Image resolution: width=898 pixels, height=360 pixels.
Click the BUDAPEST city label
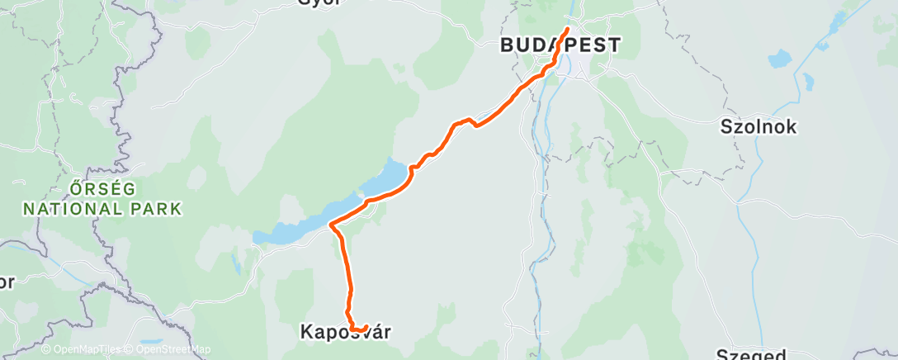click(x=560, y=45)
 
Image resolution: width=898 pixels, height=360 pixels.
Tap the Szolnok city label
click(x=758, y=127)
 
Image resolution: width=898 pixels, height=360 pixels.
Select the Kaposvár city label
click(x=344, y=332)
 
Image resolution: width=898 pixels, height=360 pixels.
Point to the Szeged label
click(x=750, y=355)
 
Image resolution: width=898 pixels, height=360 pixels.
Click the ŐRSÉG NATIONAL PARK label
click(x=102, y=198)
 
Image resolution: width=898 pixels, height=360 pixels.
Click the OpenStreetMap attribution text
click(x=164, y=349)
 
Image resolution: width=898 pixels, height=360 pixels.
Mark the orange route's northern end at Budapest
click(x=567, y=30)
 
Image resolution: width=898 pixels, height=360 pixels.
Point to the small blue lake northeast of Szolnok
click(x=778, y=59)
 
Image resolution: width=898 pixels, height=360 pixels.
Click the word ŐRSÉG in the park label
click(x=102, y=188)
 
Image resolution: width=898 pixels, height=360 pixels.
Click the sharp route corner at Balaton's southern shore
click(x=331, y=224)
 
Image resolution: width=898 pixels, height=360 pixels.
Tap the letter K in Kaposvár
click(x=305, y=332)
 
